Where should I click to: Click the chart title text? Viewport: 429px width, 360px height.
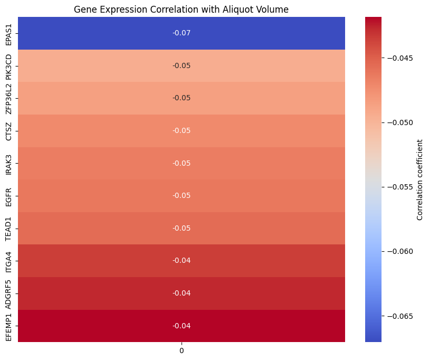[181, 10]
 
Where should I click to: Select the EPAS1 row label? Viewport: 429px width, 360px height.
[8, 33]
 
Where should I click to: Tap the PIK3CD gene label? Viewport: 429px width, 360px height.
[8, 65]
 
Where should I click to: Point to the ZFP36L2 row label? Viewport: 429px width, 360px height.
[8, 98]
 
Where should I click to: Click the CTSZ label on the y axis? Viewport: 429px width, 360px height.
[8, 130]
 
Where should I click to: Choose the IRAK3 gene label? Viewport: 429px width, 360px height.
[8, 163]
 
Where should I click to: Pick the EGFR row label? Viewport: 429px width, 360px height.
[8, 195]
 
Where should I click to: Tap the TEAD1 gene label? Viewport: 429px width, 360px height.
[8, 228]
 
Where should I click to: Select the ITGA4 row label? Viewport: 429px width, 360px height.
[8, 260]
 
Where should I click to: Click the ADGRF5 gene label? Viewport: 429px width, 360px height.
[8, 293]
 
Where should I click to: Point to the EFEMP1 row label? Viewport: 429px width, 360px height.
[8, 326]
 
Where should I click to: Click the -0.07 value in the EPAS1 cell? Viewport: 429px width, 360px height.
[182, 33]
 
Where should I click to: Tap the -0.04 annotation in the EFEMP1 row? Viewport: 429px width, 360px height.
[182, 326]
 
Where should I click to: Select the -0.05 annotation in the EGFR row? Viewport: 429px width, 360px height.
[182, 195]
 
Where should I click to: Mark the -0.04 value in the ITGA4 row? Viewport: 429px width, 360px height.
[182, 260]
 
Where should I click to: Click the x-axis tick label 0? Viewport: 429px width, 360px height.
[182, 350]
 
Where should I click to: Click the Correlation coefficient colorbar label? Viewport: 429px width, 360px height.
[420, 179]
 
